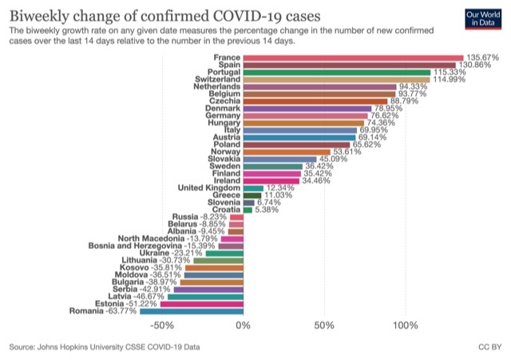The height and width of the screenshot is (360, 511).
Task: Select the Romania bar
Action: click(191, 311)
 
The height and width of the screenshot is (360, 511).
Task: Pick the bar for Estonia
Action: click(201, 303)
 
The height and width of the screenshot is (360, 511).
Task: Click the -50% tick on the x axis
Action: click(162, 326)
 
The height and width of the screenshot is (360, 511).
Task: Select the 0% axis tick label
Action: click(243, 326)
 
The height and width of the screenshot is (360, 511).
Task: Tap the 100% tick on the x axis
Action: click(404, 326)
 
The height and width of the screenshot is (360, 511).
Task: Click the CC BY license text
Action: click(489, 347)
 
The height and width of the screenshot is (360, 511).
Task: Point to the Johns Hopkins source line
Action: click(105, 347)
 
